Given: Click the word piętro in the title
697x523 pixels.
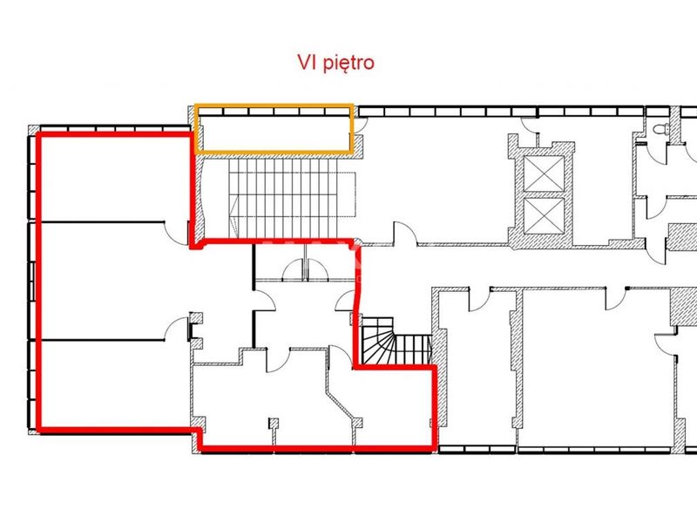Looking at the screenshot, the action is coord(348,63).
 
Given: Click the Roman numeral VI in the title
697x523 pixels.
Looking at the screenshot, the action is coord(308,62).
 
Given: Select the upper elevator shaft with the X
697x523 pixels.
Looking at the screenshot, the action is coord(544,173).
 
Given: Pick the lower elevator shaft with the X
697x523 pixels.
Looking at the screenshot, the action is coord(544,215).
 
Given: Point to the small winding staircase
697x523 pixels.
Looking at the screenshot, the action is coord(396,341).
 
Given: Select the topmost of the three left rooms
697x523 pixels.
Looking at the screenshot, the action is coord(115,178).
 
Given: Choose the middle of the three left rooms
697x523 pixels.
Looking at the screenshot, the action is coord(115,281).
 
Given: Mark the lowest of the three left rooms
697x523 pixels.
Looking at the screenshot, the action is coord(115,384).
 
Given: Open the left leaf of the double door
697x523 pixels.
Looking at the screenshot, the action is coord(294,269).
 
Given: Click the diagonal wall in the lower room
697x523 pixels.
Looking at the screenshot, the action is coord(342,405).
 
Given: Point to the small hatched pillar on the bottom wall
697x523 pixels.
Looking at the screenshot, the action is coord(274,424).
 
